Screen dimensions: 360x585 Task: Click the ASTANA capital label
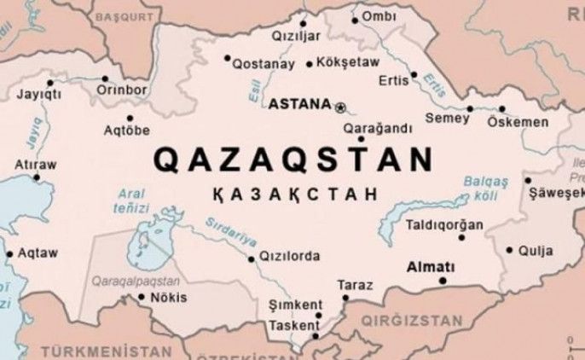coord(298,105)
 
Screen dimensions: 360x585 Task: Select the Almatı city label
coord(432,264)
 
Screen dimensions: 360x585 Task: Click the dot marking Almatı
coord(442,279)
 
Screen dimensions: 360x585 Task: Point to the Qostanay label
coord(260,64)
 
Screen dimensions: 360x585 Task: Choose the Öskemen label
coord(518,122)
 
